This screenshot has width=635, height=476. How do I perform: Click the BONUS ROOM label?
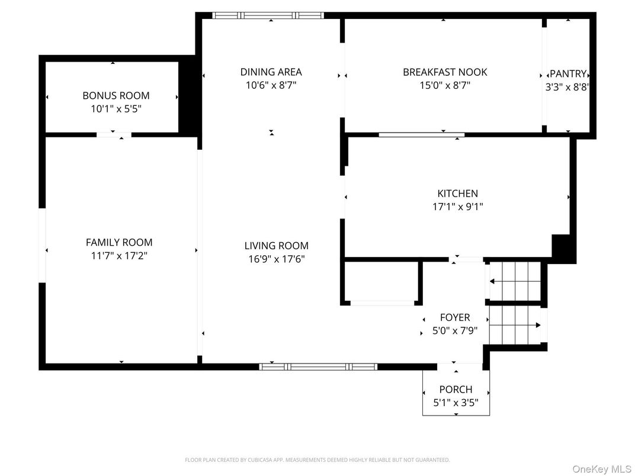[116, 95]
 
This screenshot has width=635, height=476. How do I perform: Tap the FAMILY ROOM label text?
[119, 242]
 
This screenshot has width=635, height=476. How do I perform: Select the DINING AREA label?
[271, 72]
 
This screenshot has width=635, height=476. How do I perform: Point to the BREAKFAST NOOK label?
[445, 72]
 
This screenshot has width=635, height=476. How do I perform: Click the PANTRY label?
[568, 74]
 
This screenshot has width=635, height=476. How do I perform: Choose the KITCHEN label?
[457, 194]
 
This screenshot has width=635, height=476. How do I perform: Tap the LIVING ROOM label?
[276, 246]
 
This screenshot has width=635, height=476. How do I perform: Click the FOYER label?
[455, 318]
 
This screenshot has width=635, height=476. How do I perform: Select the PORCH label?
[456, 390]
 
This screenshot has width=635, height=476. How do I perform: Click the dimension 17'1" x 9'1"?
[457, 207]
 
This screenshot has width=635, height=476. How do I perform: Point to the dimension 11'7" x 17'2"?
[119, 256]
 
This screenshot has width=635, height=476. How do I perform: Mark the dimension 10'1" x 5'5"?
[116, 109]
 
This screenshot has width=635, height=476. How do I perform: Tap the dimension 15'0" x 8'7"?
[445, 86]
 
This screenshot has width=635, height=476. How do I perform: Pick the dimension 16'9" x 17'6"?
[276, 259]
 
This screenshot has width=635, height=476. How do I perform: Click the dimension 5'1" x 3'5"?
[456, 403]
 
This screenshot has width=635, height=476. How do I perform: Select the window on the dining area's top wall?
[268, 16]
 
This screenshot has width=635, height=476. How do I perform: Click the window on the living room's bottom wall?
[318, 366]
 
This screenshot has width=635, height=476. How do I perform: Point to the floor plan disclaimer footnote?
[317, 459]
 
